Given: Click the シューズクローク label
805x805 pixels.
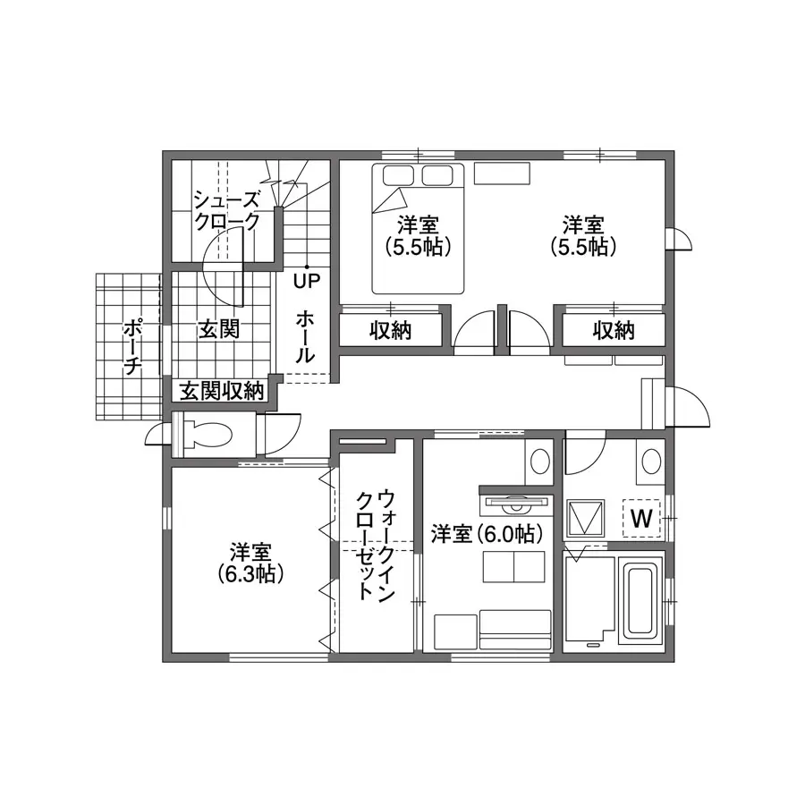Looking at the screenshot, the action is pyautogui.click(x=227, y=210).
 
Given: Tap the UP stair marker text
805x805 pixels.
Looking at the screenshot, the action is pyautogui.click(x=307, y=281).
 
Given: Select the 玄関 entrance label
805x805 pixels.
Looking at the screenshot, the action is pyautogui.click(x=219, y=329).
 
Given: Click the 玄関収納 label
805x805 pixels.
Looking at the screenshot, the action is pyautogui.click(x=222, y=391).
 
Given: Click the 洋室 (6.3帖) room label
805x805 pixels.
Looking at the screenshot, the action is pyautogui.click(x=250, y=563).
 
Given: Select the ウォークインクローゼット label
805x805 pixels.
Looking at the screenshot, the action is pyautogui.click(x=376, y=546).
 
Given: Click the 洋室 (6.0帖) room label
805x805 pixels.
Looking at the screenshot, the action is pyautogui.click(x=487, y=534).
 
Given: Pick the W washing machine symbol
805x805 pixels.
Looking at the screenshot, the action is pyautogui.click(x=641, y=518).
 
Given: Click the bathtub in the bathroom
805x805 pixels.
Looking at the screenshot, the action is pyautogui.click(x=640, y=604).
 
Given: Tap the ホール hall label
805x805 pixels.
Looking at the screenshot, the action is pyautogui.click(x=304, y=337).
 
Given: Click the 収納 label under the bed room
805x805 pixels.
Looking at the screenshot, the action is pyautogui.click(x=391, y=331).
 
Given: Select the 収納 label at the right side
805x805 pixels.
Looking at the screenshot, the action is pyautogui.click(x=614, y=331).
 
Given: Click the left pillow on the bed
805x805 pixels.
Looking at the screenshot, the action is pyautogui.click(x=398, y=175).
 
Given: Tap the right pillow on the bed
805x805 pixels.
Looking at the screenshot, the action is pyautogui.click(x=436, y=175).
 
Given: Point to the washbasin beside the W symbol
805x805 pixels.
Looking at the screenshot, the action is pyautogui.click(x=651, y=462).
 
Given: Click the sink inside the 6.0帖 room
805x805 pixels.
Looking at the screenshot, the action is pyautogui.click(x=539, y=462).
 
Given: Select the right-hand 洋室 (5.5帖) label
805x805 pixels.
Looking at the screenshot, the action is pyautogui.click(x=583, y=237).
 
